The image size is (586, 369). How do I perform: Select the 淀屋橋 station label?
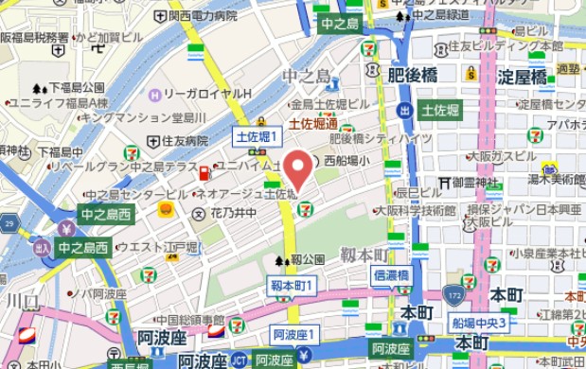point(523,77)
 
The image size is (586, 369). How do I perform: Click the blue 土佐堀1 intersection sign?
point(257,137)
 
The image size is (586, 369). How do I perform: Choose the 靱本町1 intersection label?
point(291,284)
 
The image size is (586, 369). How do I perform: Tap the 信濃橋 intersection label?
point(390,275)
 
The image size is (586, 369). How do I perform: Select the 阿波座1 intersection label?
point(293,334)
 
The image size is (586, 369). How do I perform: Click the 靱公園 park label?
point(307,258)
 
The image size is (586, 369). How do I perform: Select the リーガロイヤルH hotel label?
point(205,95)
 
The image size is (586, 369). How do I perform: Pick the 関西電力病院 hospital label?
point(203,15)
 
